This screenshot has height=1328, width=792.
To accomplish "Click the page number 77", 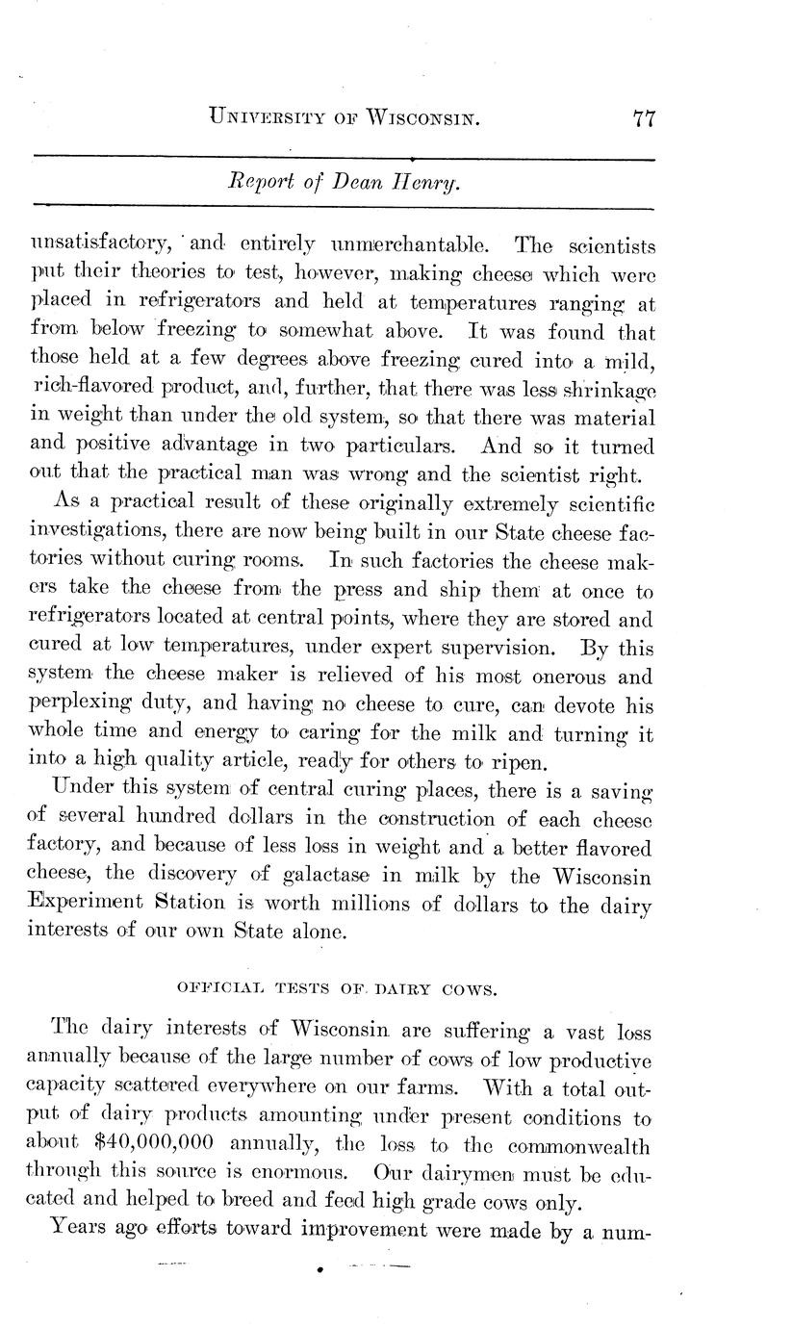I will [644, 118].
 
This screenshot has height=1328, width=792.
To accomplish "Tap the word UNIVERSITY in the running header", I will [279, 119].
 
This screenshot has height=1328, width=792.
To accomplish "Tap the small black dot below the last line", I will [318, 1270].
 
